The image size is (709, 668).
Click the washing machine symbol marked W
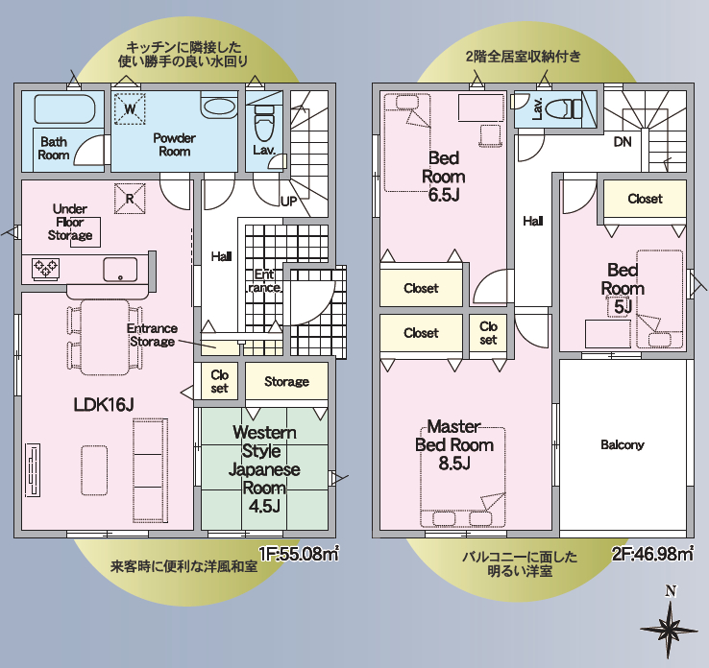pyautogui.click(x=130, y=108)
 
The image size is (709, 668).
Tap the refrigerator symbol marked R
pyautogui.click(x=130, y=199)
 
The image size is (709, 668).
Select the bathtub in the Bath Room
pyautogui.click(x=64, y=108)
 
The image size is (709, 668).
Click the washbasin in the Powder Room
pyautogui.click(x=219, y=107)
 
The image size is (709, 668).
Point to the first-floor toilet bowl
pyautogui.click(x=264, y=123)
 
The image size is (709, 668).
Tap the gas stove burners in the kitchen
pyautogui.click(x=46, y=269)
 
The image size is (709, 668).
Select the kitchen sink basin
pyautogui.click(x=120, y=269)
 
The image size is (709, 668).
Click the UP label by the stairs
pyautogui.click(x=288, y=202)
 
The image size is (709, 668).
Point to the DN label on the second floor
pyautogui.click(x=623, y=142)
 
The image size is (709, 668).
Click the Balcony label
pyautogui.click(x=623, y=445)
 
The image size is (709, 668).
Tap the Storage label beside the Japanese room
pyautogui.click(x=286, y=382)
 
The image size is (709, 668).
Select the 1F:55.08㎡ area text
pyautogui.click(x=299, y=553)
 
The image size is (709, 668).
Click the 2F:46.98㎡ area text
pyautogui.click(x=653, y=553)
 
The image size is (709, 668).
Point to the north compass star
pyautogui.click(x=670, y=628)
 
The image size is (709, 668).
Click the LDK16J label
pyautogui.click(x=104, y=405)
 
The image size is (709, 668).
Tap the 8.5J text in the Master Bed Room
pyautogui.click(x=454, y=464)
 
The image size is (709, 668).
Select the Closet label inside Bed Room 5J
pyautogui.click(x=645, y=199)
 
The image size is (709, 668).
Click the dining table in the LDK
pyautogui.click(x=105, y=337)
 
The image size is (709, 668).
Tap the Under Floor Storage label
pyautogui.click(x=70, y=222)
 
